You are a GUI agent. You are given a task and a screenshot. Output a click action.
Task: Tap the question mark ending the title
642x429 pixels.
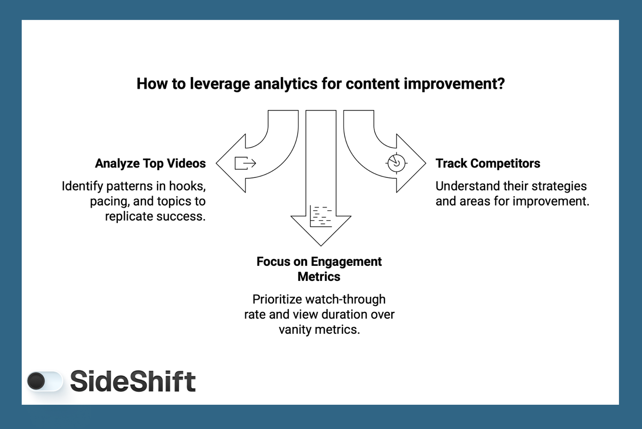click(x=501, y=84)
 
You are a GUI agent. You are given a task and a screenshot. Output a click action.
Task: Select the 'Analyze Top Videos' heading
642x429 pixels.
click(x=150, y=164)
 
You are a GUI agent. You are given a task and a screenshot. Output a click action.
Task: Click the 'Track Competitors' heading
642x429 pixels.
click(x=487, y=164)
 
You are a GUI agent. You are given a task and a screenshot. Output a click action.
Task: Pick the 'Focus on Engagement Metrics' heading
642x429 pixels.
click(x=319, y=269)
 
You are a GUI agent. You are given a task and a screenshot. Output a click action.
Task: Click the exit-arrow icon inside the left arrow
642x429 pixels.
click(x=245, y=163)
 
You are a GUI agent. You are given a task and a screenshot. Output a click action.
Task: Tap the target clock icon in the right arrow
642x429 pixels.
click(x=396, y=163)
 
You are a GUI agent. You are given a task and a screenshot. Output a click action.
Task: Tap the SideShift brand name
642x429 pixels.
click(x=133, y=381)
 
